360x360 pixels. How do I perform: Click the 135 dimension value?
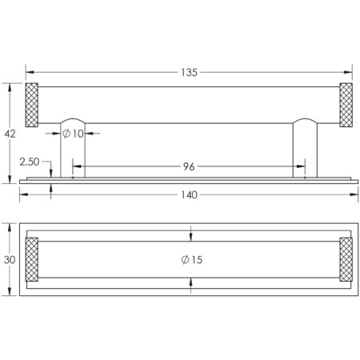(x=189, y=73)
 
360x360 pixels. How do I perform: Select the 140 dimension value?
(x=189, y=195)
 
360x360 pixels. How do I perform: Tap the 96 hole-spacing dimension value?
(x=189, y=166)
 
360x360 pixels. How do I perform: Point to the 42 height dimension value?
(x=10, y=134)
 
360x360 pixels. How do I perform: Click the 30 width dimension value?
(x=10, y=260)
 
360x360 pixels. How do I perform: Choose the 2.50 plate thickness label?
(x=30, y=162)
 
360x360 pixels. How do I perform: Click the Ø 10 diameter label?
(x=73, y=134)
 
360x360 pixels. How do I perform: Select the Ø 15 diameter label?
(x=191, y=259)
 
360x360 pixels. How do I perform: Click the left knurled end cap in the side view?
(x=32, y=105)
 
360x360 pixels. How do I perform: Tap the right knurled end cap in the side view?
(x=346, y=105)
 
